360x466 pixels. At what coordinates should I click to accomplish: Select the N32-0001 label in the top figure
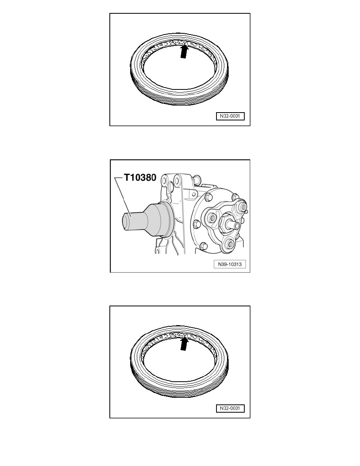(x=230, y=116)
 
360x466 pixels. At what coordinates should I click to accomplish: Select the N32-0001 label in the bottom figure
(x=230, y=409)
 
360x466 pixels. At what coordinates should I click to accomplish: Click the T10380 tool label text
(x=140, y=178)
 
